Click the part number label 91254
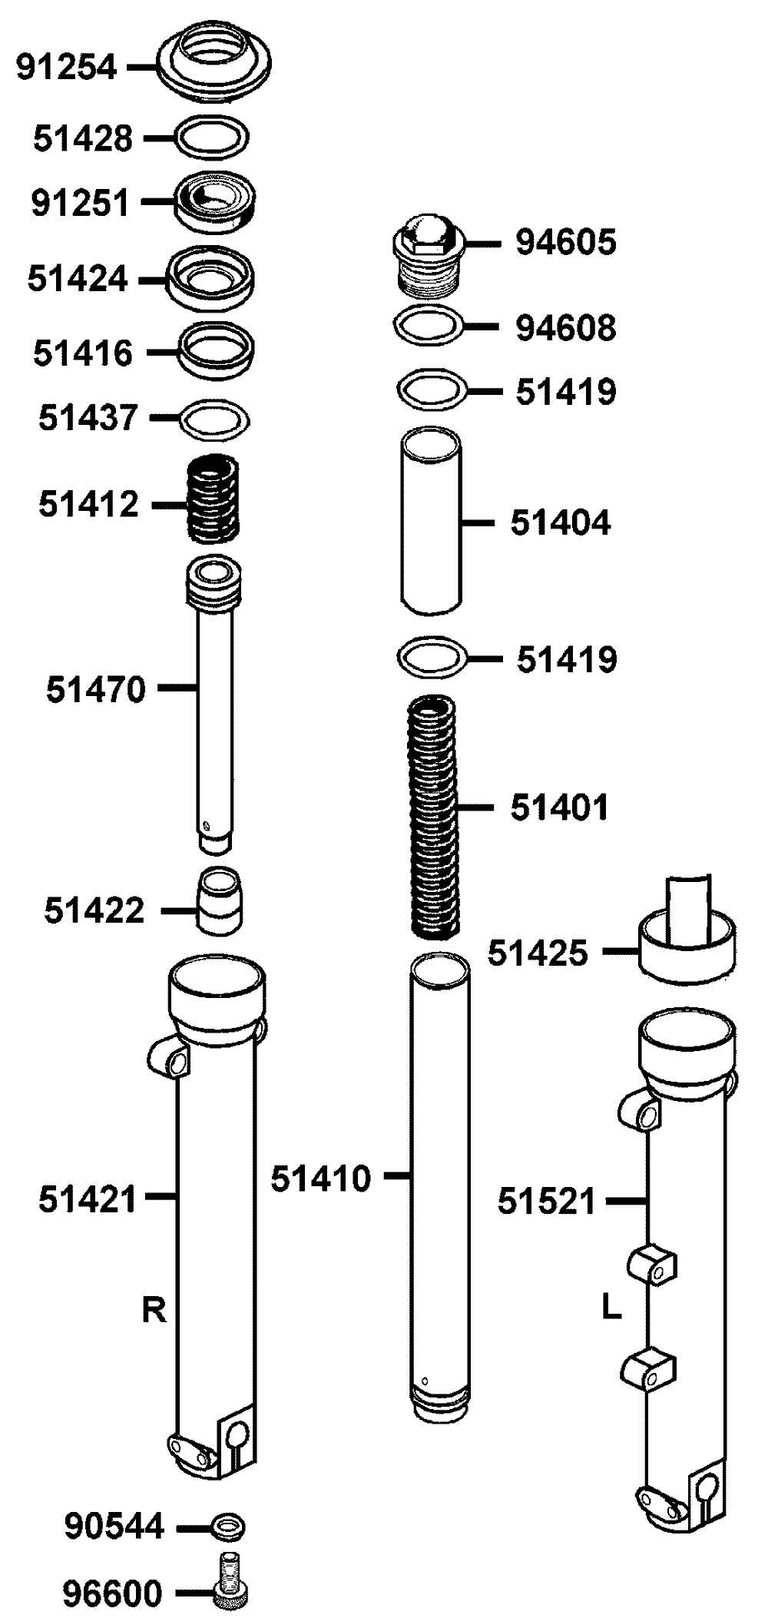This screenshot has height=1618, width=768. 67,68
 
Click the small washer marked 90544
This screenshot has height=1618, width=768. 227,1526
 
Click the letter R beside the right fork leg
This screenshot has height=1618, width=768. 154,1310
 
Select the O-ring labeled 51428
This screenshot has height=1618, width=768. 213,138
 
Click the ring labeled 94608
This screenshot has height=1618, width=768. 429,326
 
